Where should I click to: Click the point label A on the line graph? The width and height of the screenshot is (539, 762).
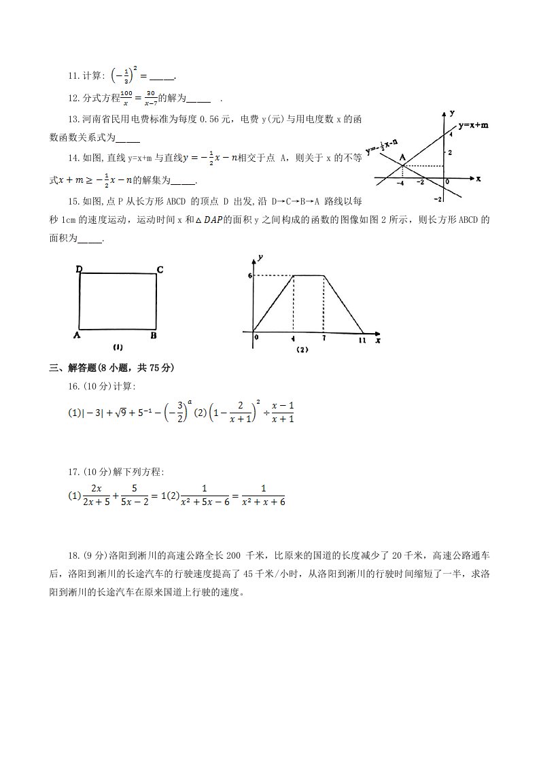tap(402, 156)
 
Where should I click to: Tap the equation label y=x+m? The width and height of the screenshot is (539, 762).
tap(473, 125)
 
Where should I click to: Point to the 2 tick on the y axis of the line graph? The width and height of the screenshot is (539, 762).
tap(449, 151)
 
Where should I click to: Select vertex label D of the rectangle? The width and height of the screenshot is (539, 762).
tap(79, 270)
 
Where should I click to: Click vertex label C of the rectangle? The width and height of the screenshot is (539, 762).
tap(160, 270)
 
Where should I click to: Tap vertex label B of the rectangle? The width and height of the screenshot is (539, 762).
tap(154, 335)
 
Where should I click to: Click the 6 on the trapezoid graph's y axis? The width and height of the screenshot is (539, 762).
tap(250, 275)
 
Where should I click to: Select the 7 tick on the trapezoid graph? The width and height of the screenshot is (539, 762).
tap(324, 338)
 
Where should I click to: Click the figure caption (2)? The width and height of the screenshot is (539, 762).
tap(302, 350)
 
